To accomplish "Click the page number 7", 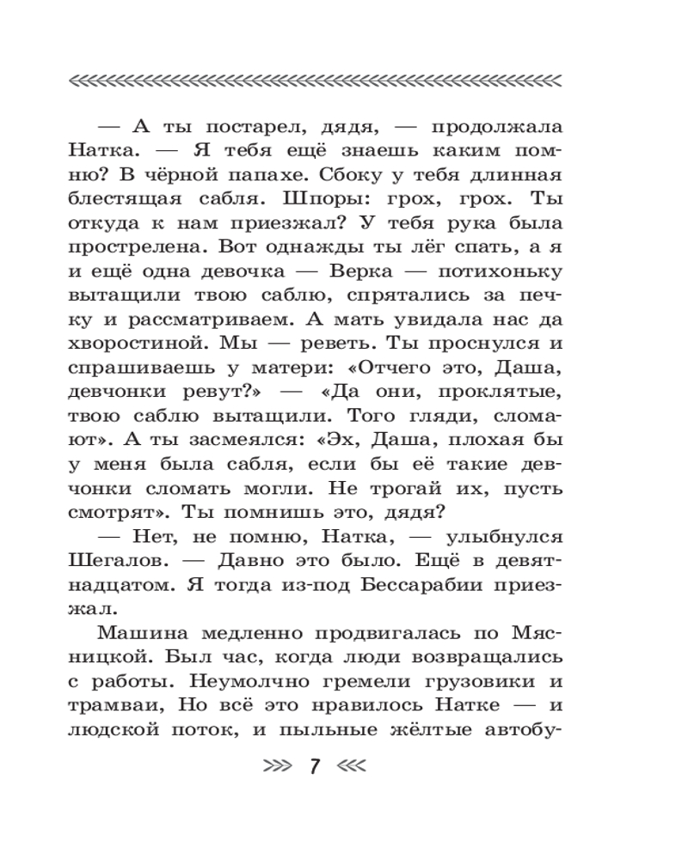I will point(315,765).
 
